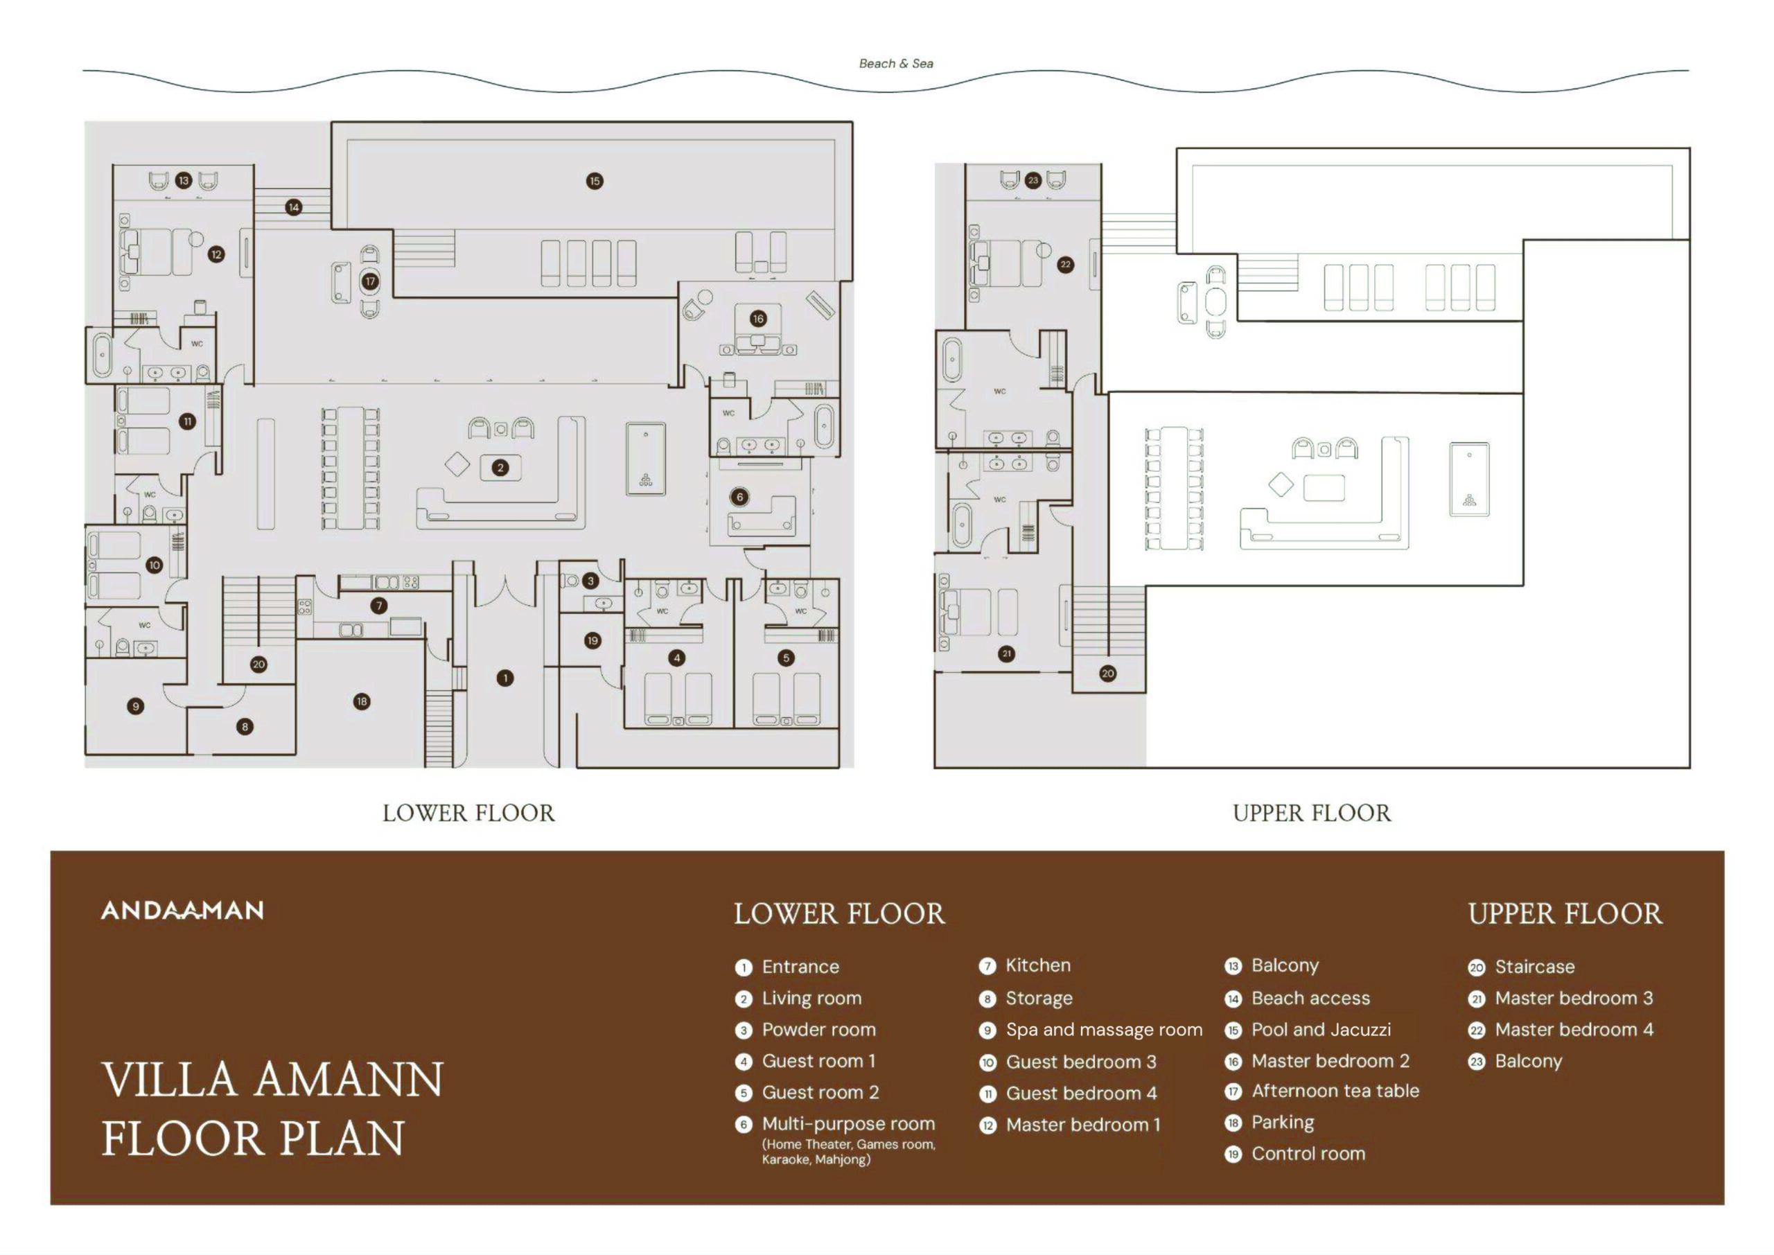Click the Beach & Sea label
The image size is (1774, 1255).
point(895,63)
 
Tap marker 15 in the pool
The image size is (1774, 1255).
point(594,181)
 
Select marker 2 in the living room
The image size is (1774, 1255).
point(501,468)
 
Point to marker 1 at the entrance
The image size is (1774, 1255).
point(504,678)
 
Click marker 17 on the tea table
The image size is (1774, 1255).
point(370,281)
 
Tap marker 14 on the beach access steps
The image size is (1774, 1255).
point(294,207)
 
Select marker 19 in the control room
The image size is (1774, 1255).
point(592,640)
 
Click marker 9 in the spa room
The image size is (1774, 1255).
point(135,706)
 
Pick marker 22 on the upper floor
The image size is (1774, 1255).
point(1066,264)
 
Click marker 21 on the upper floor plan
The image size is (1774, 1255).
point(1006,653)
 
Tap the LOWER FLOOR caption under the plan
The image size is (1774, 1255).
point(468,813)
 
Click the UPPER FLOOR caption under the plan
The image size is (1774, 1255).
point(1311,813)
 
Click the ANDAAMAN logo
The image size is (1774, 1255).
point(182,911)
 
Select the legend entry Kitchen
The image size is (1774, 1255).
point(1037,966)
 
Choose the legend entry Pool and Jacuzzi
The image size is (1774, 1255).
point(1321,1029)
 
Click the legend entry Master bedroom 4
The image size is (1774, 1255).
point(1574,1029)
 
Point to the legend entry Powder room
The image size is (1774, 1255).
point(819,1029)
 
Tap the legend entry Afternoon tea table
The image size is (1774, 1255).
point(1335,1091)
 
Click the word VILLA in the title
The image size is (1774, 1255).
point(169,1080)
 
